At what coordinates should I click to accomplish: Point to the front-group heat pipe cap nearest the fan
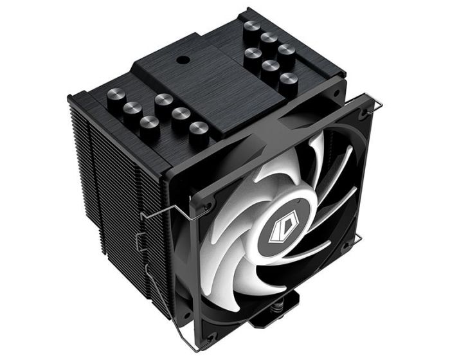click(198, 127)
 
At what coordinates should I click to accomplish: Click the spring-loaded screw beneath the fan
click(253, 334)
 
